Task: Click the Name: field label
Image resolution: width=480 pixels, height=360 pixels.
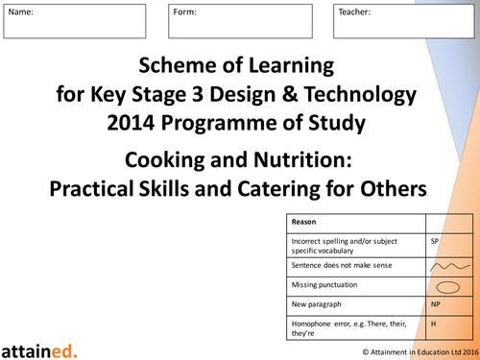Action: pyautogui.click(x=21, y=12)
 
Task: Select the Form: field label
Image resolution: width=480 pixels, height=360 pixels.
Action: pyautogui.click(x=186, y=12)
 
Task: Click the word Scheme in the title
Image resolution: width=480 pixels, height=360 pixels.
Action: pyautogui.click(x=181, y=67)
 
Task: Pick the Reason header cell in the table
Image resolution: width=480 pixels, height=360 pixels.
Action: pyautogui.click(x=305, y=222)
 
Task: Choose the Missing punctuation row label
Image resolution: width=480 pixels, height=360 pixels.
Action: pyautogui.click(x=325, y=285)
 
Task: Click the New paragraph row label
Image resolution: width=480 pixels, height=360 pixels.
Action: pyautogui.click(x=318, y=304)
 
